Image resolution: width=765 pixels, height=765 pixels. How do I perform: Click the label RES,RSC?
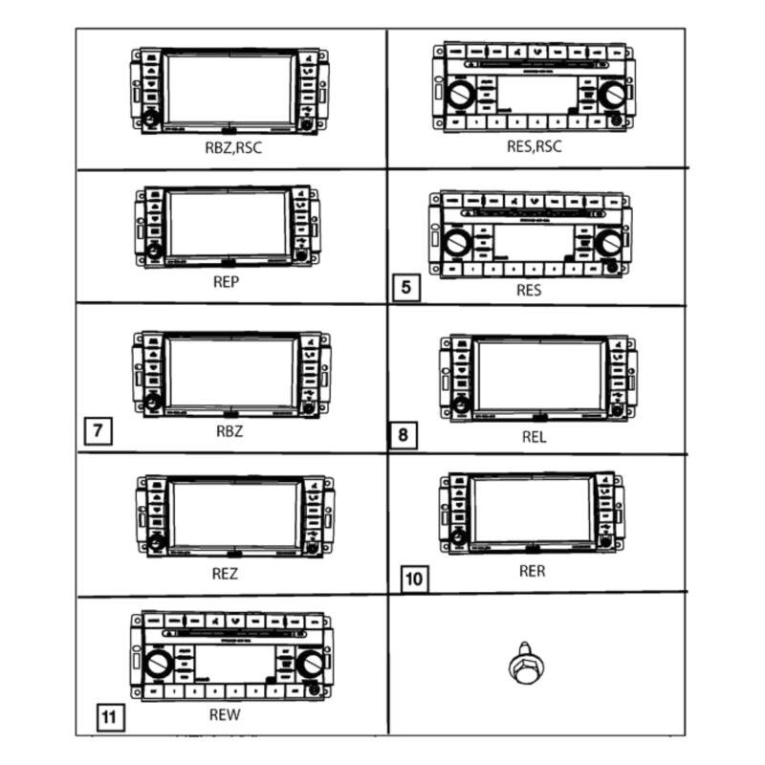coord(535,146)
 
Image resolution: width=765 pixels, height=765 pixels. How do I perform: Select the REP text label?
coord(226,283)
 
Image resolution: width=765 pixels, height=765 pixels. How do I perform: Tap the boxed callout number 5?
coord(406,287)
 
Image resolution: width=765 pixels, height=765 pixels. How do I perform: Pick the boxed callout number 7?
coord(98,430)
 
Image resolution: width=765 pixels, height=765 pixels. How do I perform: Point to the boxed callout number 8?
coord(403,436)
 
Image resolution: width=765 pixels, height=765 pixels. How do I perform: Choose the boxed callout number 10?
coord(414,579)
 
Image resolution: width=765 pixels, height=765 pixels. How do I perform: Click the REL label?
coord(534,438)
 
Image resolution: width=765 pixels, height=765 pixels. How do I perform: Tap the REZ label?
coord(225,575)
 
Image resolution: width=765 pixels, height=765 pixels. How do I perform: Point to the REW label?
coord(225,714)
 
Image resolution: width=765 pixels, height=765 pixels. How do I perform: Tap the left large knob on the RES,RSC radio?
coord(460,96)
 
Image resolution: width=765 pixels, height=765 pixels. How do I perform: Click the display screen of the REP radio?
coord(228,224)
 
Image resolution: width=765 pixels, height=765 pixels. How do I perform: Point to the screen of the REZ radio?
coord(234,514)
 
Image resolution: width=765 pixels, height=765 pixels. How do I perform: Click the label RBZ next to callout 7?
coord(229,430)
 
